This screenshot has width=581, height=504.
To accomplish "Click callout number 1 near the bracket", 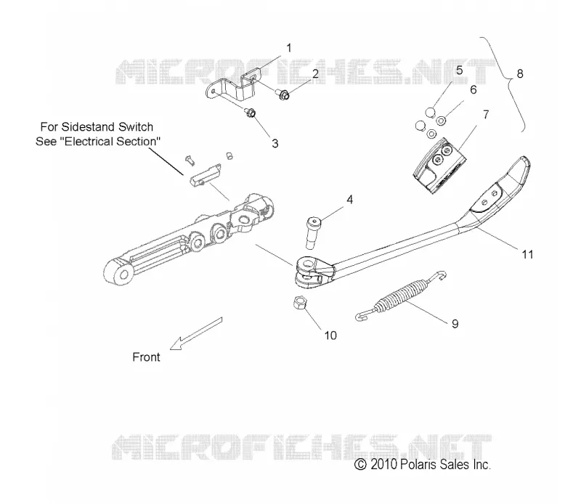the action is click(289, 48).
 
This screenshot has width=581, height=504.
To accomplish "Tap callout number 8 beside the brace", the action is click(520, 74).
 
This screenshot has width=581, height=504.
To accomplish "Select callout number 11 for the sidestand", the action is click(528, 255).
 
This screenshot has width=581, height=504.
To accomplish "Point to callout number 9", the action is click(455, 324).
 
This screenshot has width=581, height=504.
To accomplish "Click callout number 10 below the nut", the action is click(330, 336).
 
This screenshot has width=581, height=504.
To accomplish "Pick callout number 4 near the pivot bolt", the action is click(350, 200).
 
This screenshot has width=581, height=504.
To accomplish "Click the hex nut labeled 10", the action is click(299, 303).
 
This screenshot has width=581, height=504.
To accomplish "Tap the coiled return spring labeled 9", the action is click(401, 296).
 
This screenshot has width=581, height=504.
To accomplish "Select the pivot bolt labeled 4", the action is click(313, 233).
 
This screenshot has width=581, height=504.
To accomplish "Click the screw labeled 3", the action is click(249, 112).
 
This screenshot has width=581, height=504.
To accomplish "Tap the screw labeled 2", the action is click(283, 95).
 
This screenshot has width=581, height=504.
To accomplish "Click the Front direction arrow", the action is click(196, 333).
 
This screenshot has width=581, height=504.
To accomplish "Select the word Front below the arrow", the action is click(147, 357).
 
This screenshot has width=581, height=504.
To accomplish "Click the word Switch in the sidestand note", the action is click(136, 127).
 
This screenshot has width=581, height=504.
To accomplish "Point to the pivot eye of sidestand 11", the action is click(306, 264).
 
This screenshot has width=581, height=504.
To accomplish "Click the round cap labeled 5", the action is click(430, 112).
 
